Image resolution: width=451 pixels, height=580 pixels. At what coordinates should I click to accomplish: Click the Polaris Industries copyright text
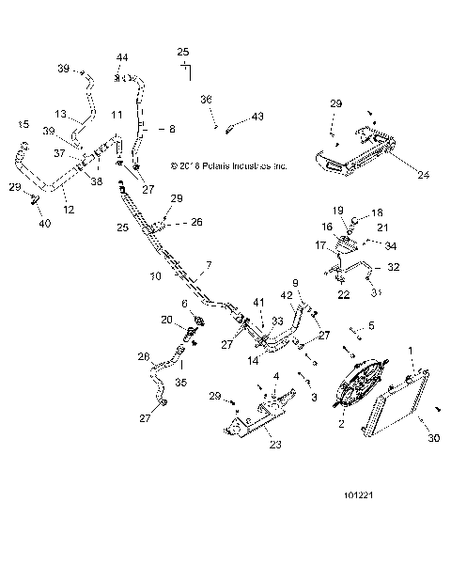[x=230, y=165]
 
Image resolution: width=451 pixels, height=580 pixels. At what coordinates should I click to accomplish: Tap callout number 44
[x=122, y=58]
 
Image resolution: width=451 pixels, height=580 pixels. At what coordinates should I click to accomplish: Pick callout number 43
[x=258, y=118]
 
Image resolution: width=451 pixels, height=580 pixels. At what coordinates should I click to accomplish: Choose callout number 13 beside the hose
[x=59, y=115]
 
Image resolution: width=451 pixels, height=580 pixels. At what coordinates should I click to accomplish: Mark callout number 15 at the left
[x=24, y=124]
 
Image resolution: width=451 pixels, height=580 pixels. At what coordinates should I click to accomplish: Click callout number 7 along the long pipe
[x=209, y=265]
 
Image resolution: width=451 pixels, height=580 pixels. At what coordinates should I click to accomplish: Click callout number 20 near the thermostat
[x=167, y=320]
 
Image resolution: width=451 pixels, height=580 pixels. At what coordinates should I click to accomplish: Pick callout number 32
[x=394, y=267]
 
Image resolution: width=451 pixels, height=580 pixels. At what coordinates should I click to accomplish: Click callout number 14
[x=254, y=359]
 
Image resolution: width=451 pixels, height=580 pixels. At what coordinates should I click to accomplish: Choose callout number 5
[x=371, y=325]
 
